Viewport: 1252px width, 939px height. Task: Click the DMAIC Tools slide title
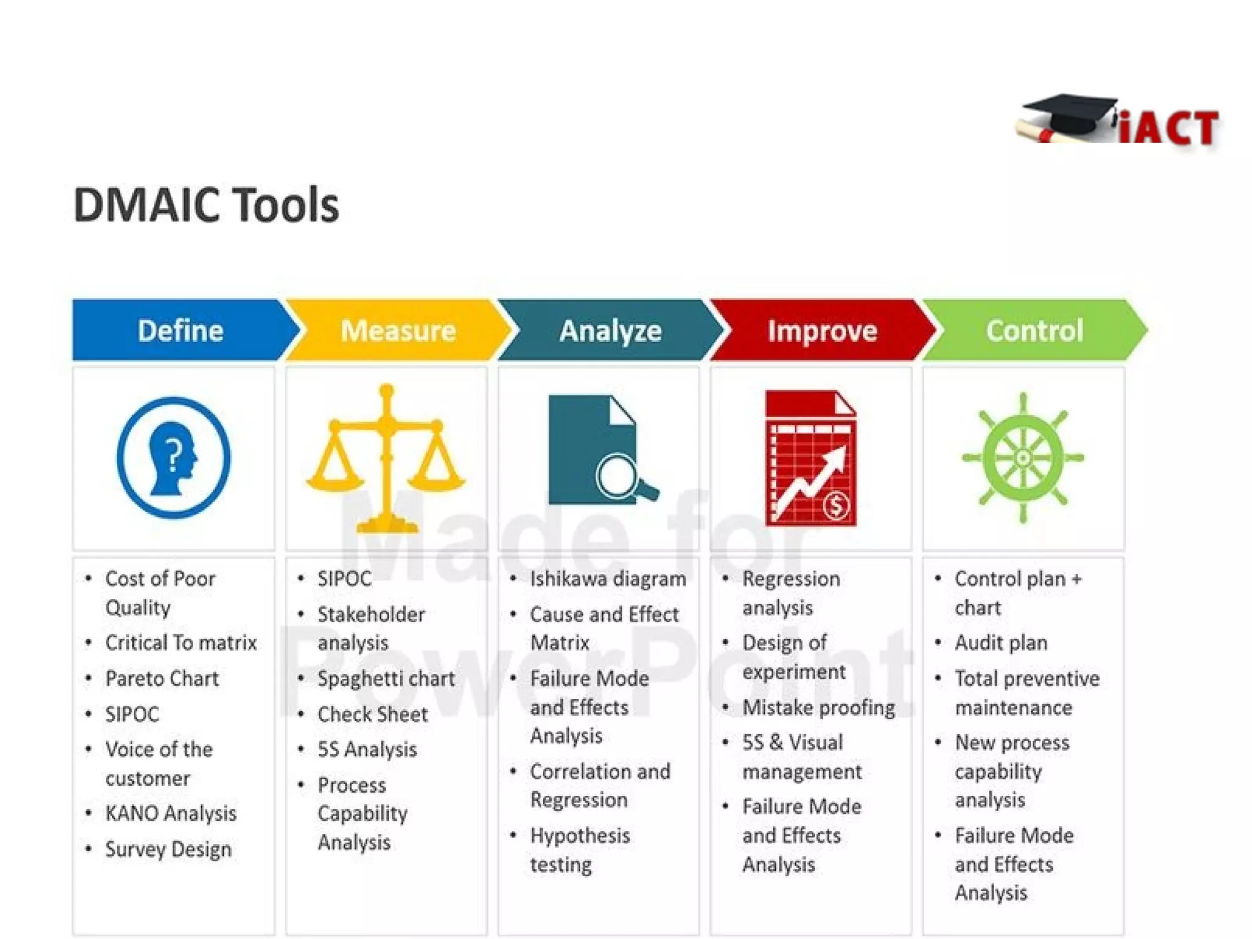[206, 205]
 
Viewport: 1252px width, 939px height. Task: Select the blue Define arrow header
[180, 330]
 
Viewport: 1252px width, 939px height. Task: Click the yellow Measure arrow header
[398, 330]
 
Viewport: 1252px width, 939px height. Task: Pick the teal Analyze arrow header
[610, 330]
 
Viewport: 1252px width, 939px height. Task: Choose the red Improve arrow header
[822, 330]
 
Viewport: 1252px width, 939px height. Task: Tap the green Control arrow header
[1034, 330]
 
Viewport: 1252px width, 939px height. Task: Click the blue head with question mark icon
[174, 458]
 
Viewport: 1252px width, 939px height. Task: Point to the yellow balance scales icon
[386, 459]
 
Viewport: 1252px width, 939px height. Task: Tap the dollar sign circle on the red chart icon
[836, 505]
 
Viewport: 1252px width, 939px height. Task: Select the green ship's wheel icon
[1023, 458]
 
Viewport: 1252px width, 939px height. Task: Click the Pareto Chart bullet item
[162, 678]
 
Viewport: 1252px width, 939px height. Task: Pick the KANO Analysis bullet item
[171, 813]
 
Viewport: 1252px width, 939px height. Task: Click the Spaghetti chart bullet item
[386, 678]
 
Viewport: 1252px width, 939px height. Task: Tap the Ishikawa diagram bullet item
[608, 579]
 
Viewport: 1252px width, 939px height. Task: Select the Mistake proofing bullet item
[819, 707]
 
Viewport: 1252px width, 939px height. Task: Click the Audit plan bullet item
[1001, 643]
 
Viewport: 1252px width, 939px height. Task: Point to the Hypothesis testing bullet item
[580, 850]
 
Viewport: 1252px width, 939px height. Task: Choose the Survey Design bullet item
[168, 849]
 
